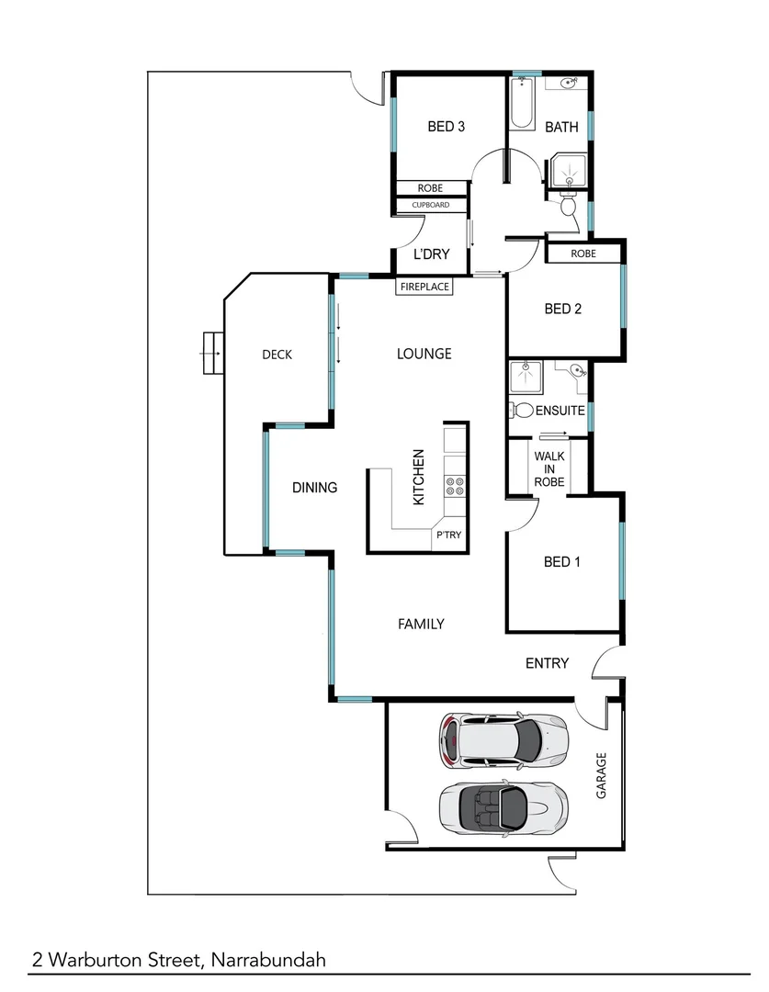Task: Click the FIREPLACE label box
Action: [x=424, y=287]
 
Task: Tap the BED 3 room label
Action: [x=446, y=127]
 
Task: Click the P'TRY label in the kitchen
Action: [x=448, y=535]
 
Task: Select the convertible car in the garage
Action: [x=501, y=806]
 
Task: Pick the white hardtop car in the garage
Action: [x=501, y=739]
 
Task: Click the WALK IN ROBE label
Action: [x=549, y=470]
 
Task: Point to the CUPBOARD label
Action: [x=431, y=205]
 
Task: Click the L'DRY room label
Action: [x=430, y=254]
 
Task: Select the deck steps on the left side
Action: [x=212, y=352]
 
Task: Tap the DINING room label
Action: [x=315, y=488]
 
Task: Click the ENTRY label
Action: [x=547, y=663]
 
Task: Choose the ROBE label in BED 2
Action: [x=582, y=254]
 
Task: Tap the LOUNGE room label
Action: [x=424, y=354]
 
